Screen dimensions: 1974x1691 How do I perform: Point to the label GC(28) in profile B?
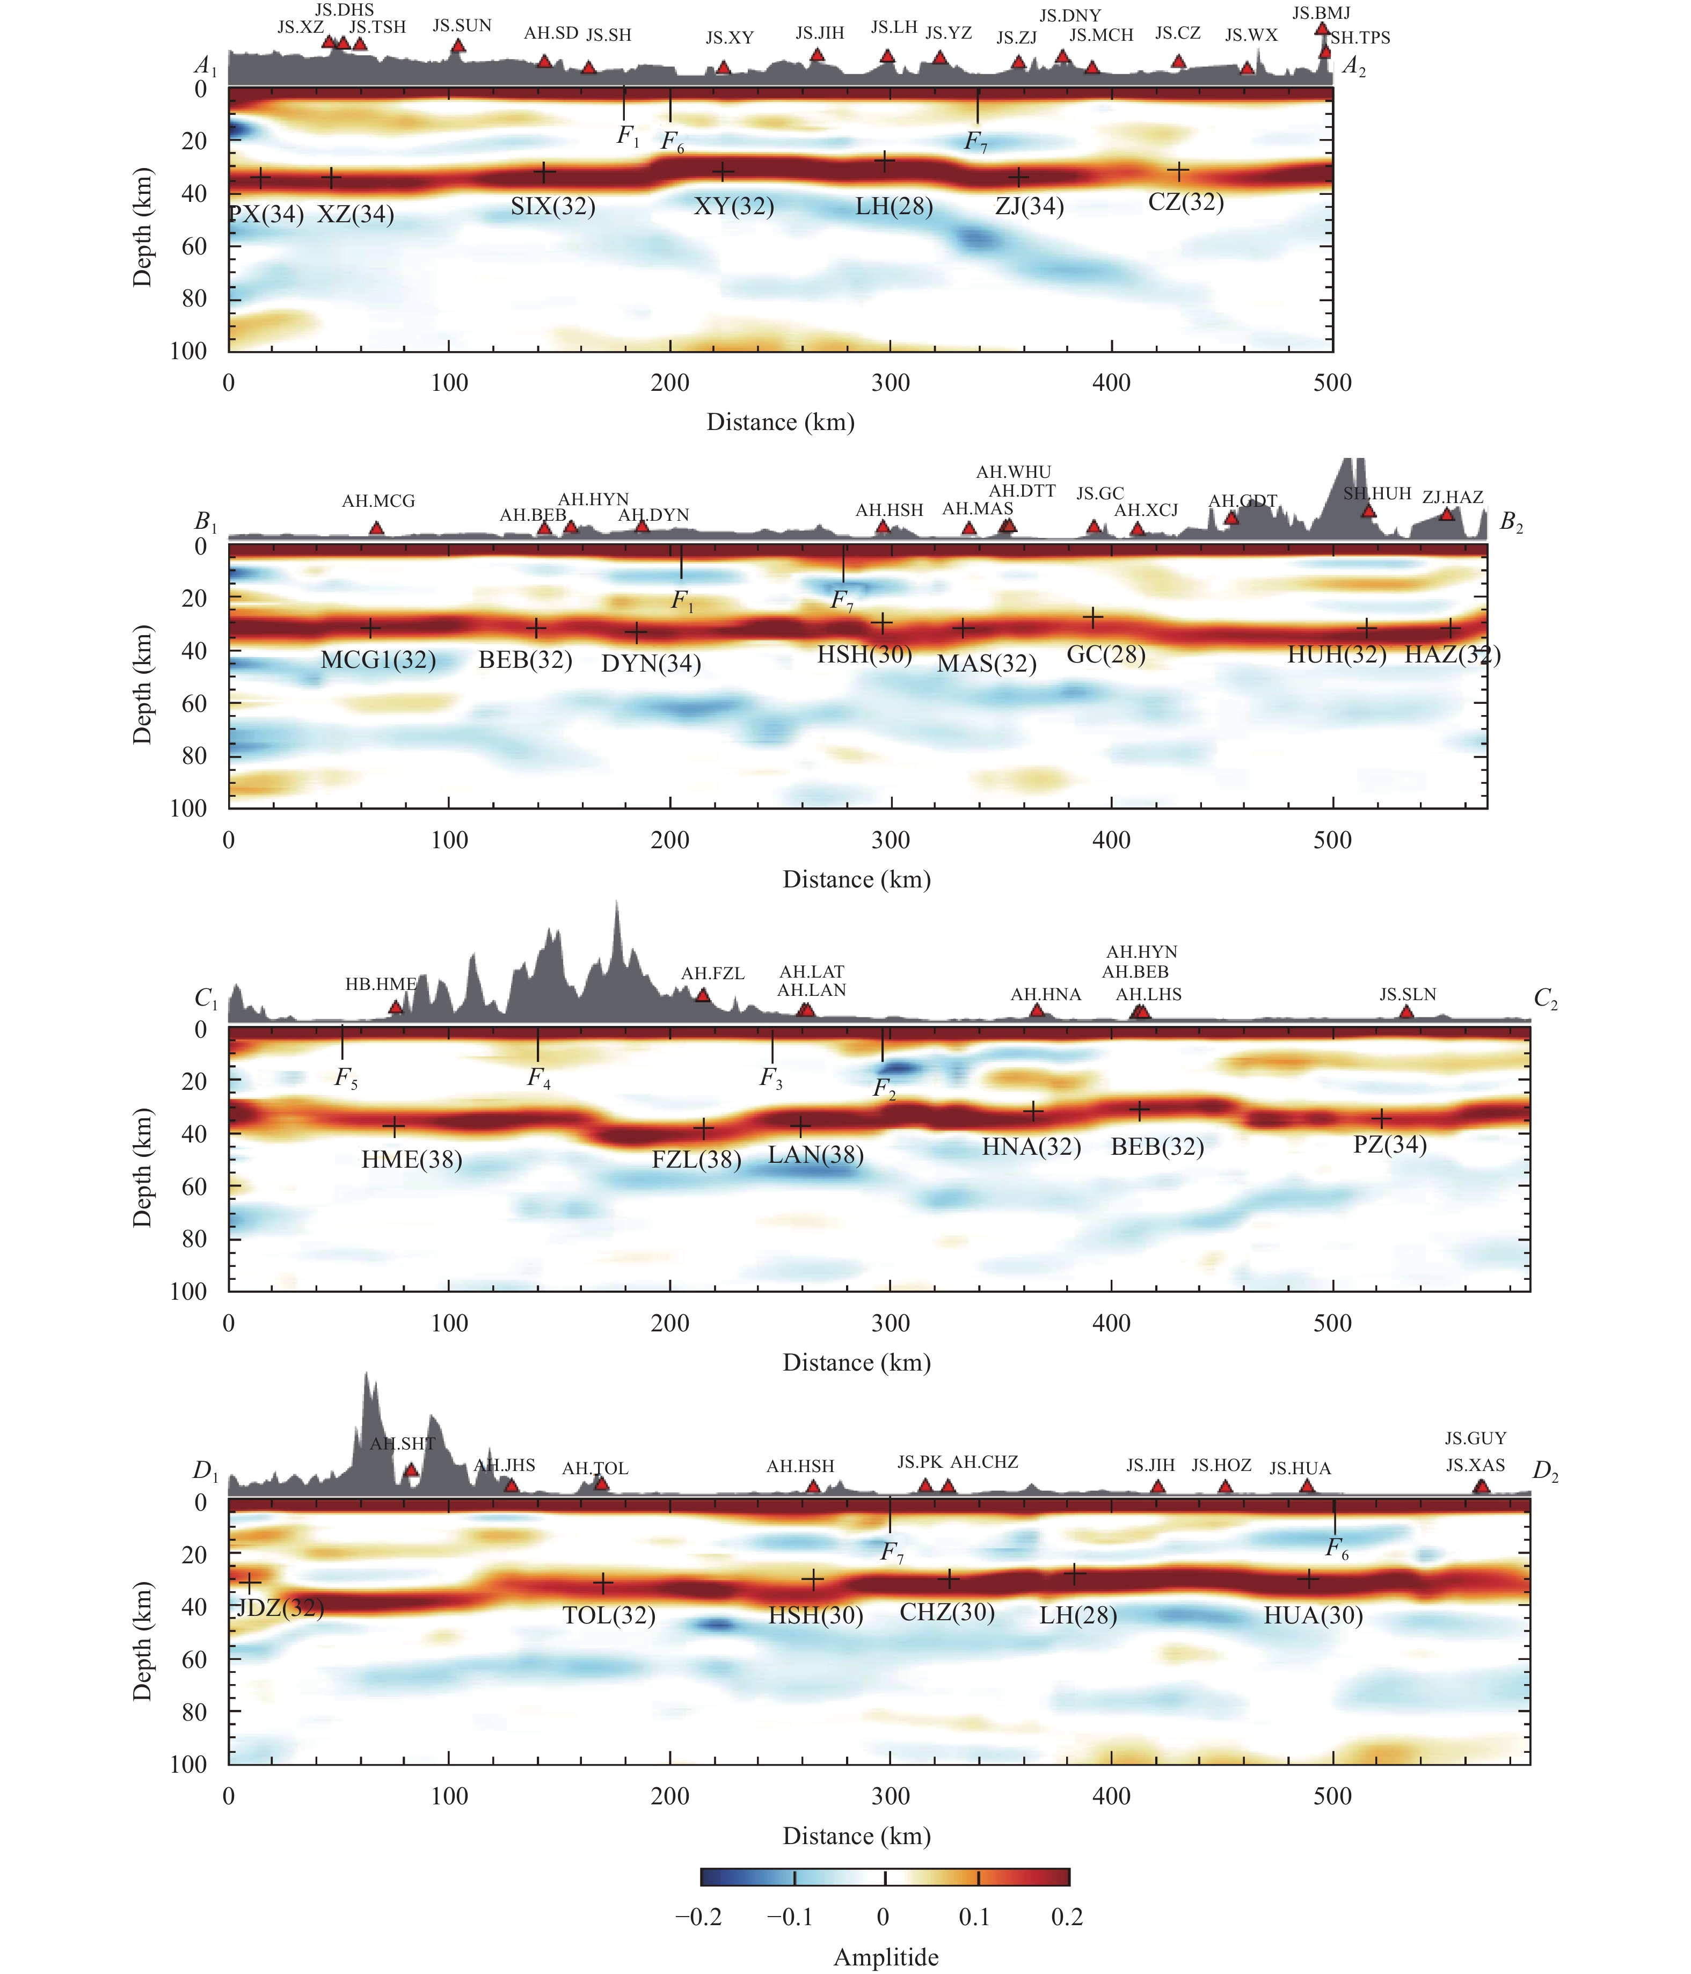(1105, 654)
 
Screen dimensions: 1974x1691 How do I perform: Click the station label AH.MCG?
(378, 501)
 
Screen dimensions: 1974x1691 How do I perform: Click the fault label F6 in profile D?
(1338, 1550)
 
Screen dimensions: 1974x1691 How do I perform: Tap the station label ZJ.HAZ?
(1452, 497)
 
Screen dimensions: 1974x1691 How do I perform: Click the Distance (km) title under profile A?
(779, 422)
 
